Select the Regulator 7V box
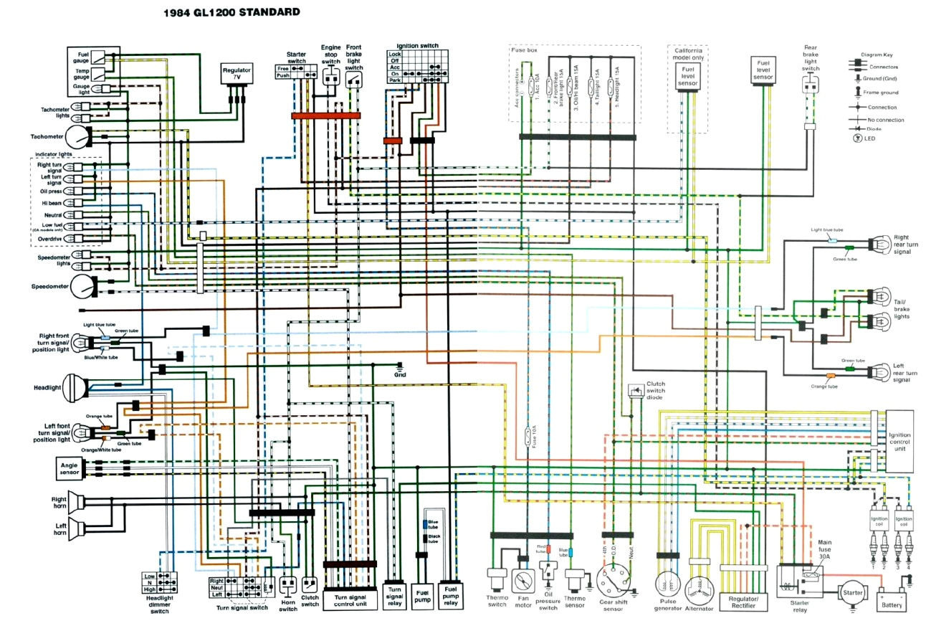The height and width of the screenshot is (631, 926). [x=237, y=75]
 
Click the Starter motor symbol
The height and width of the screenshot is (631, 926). [x=850, y=594]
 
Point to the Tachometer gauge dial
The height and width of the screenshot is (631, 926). [x=78, y=136]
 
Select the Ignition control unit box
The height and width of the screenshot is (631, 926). [x=899, y=440]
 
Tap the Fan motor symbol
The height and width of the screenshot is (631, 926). [x=523, y=581]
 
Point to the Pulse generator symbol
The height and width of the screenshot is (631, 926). [x=667, y=585]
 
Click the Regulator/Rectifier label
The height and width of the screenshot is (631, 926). [x=748, y=602]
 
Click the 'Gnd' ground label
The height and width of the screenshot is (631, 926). [x=400, y=374]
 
